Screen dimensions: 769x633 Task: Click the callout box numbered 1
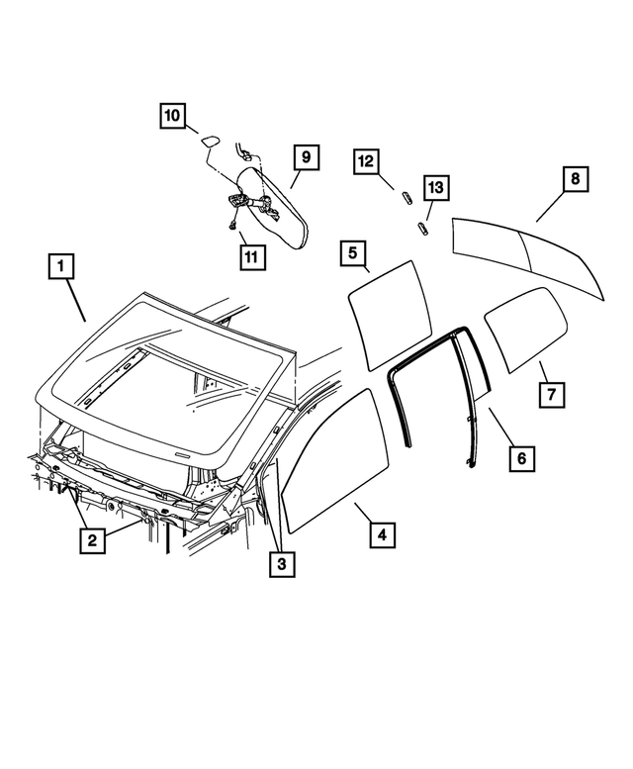(60, 266)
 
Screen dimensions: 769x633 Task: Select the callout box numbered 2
(91, 539)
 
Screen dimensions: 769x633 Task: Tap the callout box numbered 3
(281, 563)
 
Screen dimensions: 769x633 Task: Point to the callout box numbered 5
(352, 253)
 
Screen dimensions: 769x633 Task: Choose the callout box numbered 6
(521, 458)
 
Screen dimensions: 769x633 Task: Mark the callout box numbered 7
(552, 393)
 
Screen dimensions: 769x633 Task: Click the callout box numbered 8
(575, 180)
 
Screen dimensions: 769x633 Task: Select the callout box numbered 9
(306, 157)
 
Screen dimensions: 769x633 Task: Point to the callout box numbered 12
(367, 160)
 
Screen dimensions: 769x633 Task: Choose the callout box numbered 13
(435, 188)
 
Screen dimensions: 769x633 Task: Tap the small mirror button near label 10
(210, 143)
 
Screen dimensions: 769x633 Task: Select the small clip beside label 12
(405, 195)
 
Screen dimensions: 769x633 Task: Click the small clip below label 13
(422, 228)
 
